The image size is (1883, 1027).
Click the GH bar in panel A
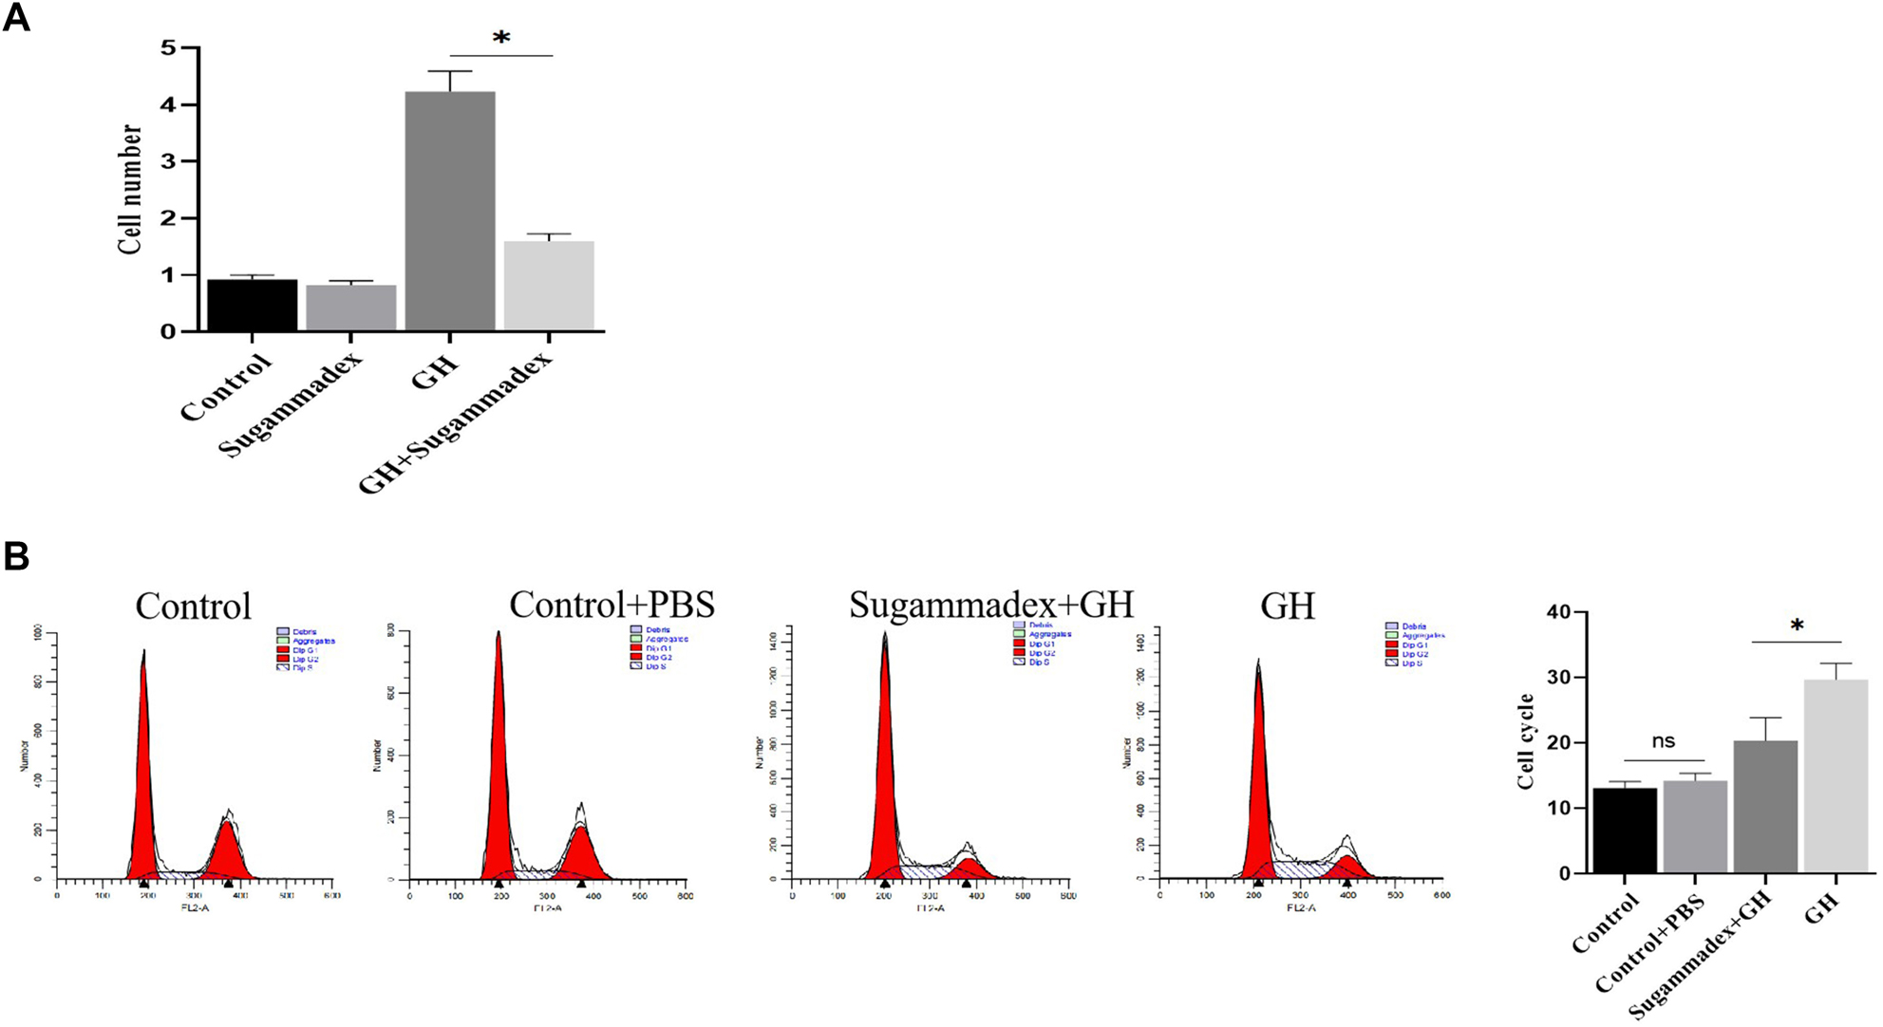pos(450,211)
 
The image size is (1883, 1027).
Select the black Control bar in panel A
pos(252,305)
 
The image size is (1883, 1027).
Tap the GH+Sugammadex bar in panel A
pos(549,286)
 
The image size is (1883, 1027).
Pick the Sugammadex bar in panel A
pos(350,308)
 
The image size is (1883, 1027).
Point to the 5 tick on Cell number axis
pos(168,47)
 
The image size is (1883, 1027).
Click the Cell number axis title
pos(130,189)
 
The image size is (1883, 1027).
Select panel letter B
pos(16,556)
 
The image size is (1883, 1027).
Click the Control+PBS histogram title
pos(612,605)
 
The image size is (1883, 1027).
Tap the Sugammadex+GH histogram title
pos(990,605)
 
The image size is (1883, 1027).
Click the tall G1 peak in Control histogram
pos(143,759)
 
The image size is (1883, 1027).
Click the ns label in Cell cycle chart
pos(1663,741)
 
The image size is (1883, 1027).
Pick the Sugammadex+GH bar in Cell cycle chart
pos(1765,806)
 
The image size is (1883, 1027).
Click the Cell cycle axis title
pos(1526,742)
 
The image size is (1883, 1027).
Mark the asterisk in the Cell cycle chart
pos(1797,626)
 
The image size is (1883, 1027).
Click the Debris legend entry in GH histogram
pos(1413,626)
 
